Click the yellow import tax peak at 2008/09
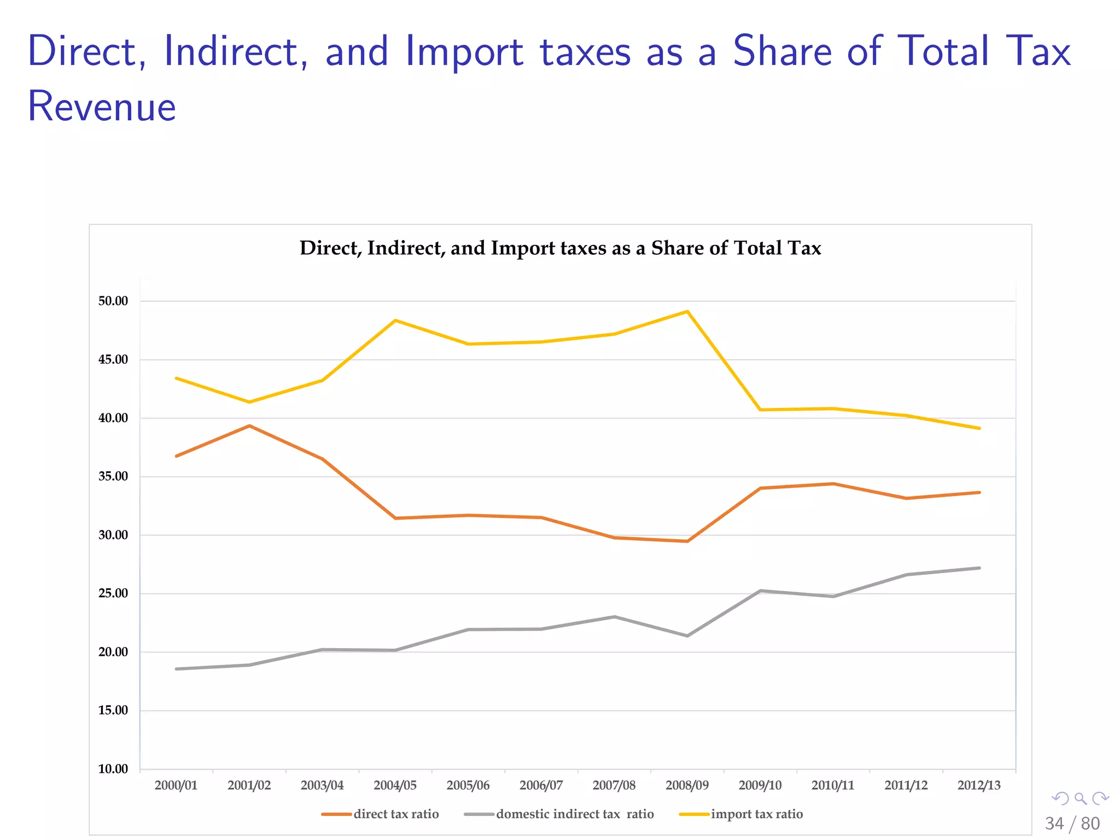click(687, 312)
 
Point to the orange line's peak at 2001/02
click(249, 425)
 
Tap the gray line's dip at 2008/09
click(687, 635)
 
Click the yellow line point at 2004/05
click(395, 320)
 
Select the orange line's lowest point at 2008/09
click(687, 541)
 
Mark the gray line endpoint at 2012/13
click(979, 568)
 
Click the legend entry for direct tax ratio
click(395, 814)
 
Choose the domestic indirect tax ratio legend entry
click(574, 814)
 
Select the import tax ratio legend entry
click(756, 814)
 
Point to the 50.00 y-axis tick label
click(113, 301)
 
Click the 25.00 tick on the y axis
click(113, 593)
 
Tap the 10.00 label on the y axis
click(113, 769)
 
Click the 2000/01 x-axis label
click(176, 785)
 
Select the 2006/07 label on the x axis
click(541, 785)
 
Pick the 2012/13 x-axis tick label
click(979, 785)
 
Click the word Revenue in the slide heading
click(102, 106)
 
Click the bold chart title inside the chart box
click(560, 248)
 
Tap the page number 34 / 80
click(1072, 824)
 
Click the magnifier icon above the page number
click(1080, 799)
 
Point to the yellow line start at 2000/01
click(176, 378)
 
